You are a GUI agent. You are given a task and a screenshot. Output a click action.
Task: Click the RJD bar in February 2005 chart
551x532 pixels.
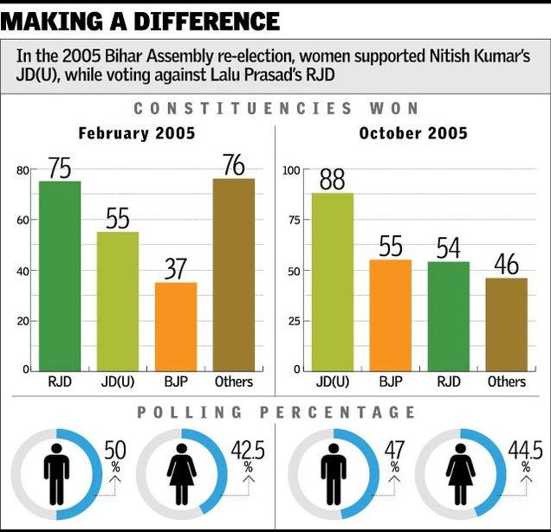point(60,275)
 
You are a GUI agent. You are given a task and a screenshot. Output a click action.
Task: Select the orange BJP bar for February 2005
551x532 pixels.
point(176,326)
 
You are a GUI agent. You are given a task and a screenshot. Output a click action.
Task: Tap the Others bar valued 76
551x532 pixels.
point(233,274)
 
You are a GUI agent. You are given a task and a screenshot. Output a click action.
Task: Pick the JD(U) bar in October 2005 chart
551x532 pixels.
point(333,281)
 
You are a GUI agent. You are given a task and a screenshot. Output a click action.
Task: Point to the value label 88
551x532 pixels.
point(333,179)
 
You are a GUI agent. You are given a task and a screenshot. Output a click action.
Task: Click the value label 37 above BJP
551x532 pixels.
point(176,269)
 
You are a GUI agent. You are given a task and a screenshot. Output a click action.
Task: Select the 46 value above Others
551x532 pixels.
point(506,265)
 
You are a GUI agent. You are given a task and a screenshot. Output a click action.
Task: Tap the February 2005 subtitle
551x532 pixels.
point(136,133)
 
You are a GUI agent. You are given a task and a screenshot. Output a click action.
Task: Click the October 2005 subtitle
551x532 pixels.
point(413,133)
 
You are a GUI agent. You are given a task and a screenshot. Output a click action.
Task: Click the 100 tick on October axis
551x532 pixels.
point(292,170)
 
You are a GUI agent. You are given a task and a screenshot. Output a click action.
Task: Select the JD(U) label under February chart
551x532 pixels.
point(118,381)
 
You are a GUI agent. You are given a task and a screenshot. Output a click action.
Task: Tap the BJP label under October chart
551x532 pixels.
point(391,381)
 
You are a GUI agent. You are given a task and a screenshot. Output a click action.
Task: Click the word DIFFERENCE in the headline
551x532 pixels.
point(205,21)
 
